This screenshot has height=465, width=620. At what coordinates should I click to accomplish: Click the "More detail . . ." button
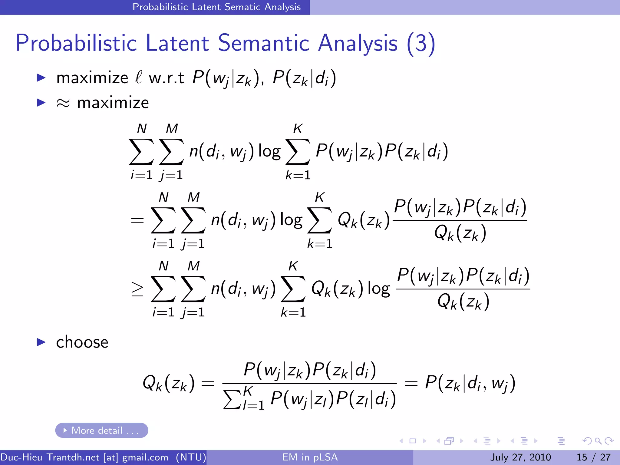pyautogui.click(x=101, y=430)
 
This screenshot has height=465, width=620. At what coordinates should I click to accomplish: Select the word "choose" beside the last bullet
pyautogui.click(x=82, y=342)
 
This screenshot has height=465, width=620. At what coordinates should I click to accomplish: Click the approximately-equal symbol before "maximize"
pyautogui.click(x=63, y=103)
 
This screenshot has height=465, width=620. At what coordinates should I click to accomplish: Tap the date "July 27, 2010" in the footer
pyautogui.click(x=520, y=457)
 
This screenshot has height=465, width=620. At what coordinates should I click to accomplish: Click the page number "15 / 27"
pyautogui.click(x=593, y=457)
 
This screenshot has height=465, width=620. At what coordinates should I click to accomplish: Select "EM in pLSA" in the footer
pyautogui.click(x=310, y=457)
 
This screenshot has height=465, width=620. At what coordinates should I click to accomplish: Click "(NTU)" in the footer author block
pyautogui.click(x=191, y=457)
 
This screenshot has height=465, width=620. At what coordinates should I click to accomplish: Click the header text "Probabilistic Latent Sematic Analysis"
pyautogui.click(x=216, y=7)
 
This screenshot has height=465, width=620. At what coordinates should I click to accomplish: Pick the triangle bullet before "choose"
pyautogui.click(x=41, y=342)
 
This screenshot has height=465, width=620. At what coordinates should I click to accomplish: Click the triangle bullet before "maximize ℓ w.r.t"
pyautogui.click(x=41, y=77)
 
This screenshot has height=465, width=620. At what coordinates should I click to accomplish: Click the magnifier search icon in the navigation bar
pyautogui.click(x=598, y=441)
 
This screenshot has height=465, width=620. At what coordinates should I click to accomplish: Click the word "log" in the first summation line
pyautogui.click(x=269, y=151)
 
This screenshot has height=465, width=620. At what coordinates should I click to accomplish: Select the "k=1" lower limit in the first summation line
pyautogui.click(x=298, y=175)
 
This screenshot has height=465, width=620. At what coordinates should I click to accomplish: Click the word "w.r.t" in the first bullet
pyautogui.click(x=166, y=78)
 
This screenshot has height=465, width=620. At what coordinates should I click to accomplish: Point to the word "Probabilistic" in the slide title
pyautogui.click(x=76, y=43)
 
